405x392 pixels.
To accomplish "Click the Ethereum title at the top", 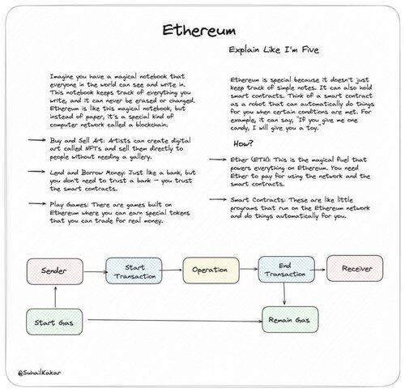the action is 199,30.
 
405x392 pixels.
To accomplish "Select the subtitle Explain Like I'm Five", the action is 274,49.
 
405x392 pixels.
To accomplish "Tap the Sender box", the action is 55,271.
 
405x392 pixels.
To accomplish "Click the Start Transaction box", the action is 134,271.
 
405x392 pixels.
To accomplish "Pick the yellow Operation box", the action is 211,270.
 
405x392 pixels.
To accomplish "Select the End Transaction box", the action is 287,270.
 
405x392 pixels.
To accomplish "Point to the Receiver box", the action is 355,268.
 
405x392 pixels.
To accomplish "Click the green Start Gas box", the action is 54,322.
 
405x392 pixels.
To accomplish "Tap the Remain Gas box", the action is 290,320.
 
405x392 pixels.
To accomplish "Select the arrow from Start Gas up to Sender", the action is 55,297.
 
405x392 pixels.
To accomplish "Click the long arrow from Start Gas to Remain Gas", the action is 175,321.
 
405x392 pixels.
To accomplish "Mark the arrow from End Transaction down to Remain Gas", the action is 284,294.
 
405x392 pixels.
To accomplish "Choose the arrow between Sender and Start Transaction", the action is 96,271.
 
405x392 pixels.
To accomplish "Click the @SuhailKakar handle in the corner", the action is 40,373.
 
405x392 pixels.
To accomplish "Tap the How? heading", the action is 244,143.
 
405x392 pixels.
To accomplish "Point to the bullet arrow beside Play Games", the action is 37,203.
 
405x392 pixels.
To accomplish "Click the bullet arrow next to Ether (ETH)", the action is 218,160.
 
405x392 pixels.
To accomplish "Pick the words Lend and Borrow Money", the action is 87,173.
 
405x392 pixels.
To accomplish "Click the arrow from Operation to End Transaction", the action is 249,269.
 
